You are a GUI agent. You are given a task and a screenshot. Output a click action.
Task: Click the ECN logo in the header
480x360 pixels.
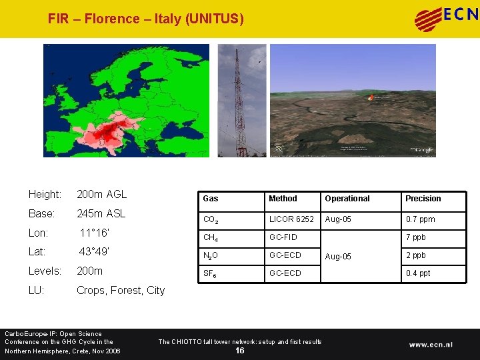(x=445, y=18)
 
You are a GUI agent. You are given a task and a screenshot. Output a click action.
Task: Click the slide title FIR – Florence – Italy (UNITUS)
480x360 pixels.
(x=146, y=19)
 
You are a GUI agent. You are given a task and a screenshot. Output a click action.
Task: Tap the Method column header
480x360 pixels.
(x=283, y=199)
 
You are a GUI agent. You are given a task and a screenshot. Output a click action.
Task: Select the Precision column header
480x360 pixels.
(x=423, y=199)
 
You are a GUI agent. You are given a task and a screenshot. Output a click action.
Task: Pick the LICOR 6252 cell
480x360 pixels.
(x=291, y=219)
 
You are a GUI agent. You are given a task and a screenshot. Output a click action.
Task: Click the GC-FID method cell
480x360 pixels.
(x=283, y=237)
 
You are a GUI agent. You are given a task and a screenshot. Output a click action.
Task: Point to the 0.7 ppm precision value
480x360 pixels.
(x=420, y=219)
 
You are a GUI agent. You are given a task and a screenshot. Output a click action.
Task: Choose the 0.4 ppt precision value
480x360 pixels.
(x=418, y=273)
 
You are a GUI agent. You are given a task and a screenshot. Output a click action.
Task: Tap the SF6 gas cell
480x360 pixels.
(x=211, y=273)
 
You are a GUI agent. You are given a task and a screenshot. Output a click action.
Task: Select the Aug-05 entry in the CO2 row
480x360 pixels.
(x=338, y=219)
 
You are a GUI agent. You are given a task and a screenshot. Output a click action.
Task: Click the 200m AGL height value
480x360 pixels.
(x=101, y=195)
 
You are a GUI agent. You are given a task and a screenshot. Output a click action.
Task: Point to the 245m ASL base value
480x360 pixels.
(x=101, y=214)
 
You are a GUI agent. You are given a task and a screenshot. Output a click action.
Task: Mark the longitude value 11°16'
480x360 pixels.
(x=94, y=233)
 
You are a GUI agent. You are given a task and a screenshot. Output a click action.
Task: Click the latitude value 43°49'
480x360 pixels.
(x=94, y=252)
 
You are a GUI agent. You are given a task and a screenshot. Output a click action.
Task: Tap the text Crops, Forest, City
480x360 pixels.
(x=121, y=290)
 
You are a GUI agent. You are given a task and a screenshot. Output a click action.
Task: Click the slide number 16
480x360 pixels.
(x=240, y=351)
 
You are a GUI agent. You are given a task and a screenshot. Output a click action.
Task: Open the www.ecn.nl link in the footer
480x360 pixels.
(x=431, y=345)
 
